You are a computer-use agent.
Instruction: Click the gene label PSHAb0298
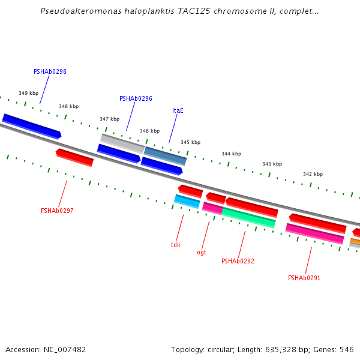coord(50,71)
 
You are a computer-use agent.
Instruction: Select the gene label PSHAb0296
coord(136,98)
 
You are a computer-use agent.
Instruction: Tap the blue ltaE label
coord(178,110)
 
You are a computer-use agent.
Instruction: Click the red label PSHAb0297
coord(57,211)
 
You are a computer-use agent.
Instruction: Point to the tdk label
coord(175,245)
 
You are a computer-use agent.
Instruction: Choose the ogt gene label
coord(202,252)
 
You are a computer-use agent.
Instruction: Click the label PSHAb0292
coord(238,261)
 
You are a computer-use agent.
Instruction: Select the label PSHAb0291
coord(304,278)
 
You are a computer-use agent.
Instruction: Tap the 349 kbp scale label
coord(28,93)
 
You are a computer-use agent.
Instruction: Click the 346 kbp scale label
coord(149,131)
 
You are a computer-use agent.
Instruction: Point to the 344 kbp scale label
coord(231,154)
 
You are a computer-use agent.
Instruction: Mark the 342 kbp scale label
coord(313,174)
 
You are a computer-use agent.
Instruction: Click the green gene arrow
coord(248,218)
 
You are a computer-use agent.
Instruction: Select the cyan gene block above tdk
coord(187,201)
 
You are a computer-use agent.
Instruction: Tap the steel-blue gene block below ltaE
coord(165,155)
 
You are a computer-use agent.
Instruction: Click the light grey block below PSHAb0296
coord(122,142)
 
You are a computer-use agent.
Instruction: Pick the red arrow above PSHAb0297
coord(75,157)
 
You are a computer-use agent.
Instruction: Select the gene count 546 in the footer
coord(347,349)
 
